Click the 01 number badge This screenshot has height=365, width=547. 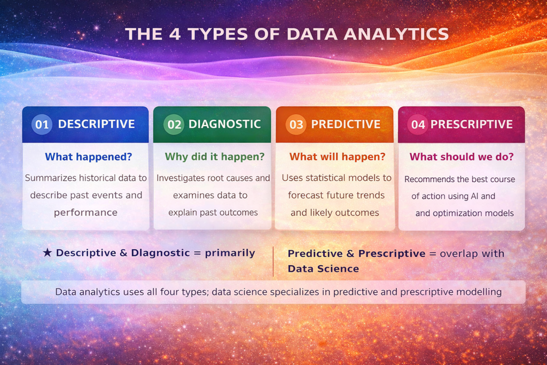tap(42, 125)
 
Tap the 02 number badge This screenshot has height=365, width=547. tap(174, 125)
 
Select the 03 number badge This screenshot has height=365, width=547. tap(296, 125)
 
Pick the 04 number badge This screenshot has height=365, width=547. tap(418, 125)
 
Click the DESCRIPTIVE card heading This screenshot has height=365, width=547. tap(96, 124)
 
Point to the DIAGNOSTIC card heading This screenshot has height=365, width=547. tap(224, 124)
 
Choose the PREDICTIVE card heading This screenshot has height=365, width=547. tap(346, 124)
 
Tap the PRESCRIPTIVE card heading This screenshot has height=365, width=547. tap(471, 124)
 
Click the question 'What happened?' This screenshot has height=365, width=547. tap(88, 157)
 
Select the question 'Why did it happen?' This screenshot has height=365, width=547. tap(214, 157)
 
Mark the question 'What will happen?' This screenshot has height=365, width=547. tap(337, 157)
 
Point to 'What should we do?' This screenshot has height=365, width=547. tap(462, 157)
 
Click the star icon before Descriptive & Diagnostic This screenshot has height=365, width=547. tap(47, 253)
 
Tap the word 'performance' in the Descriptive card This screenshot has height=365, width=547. tap(85, 212)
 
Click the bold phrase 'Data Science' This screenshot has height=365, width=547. tap(323, 268)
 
